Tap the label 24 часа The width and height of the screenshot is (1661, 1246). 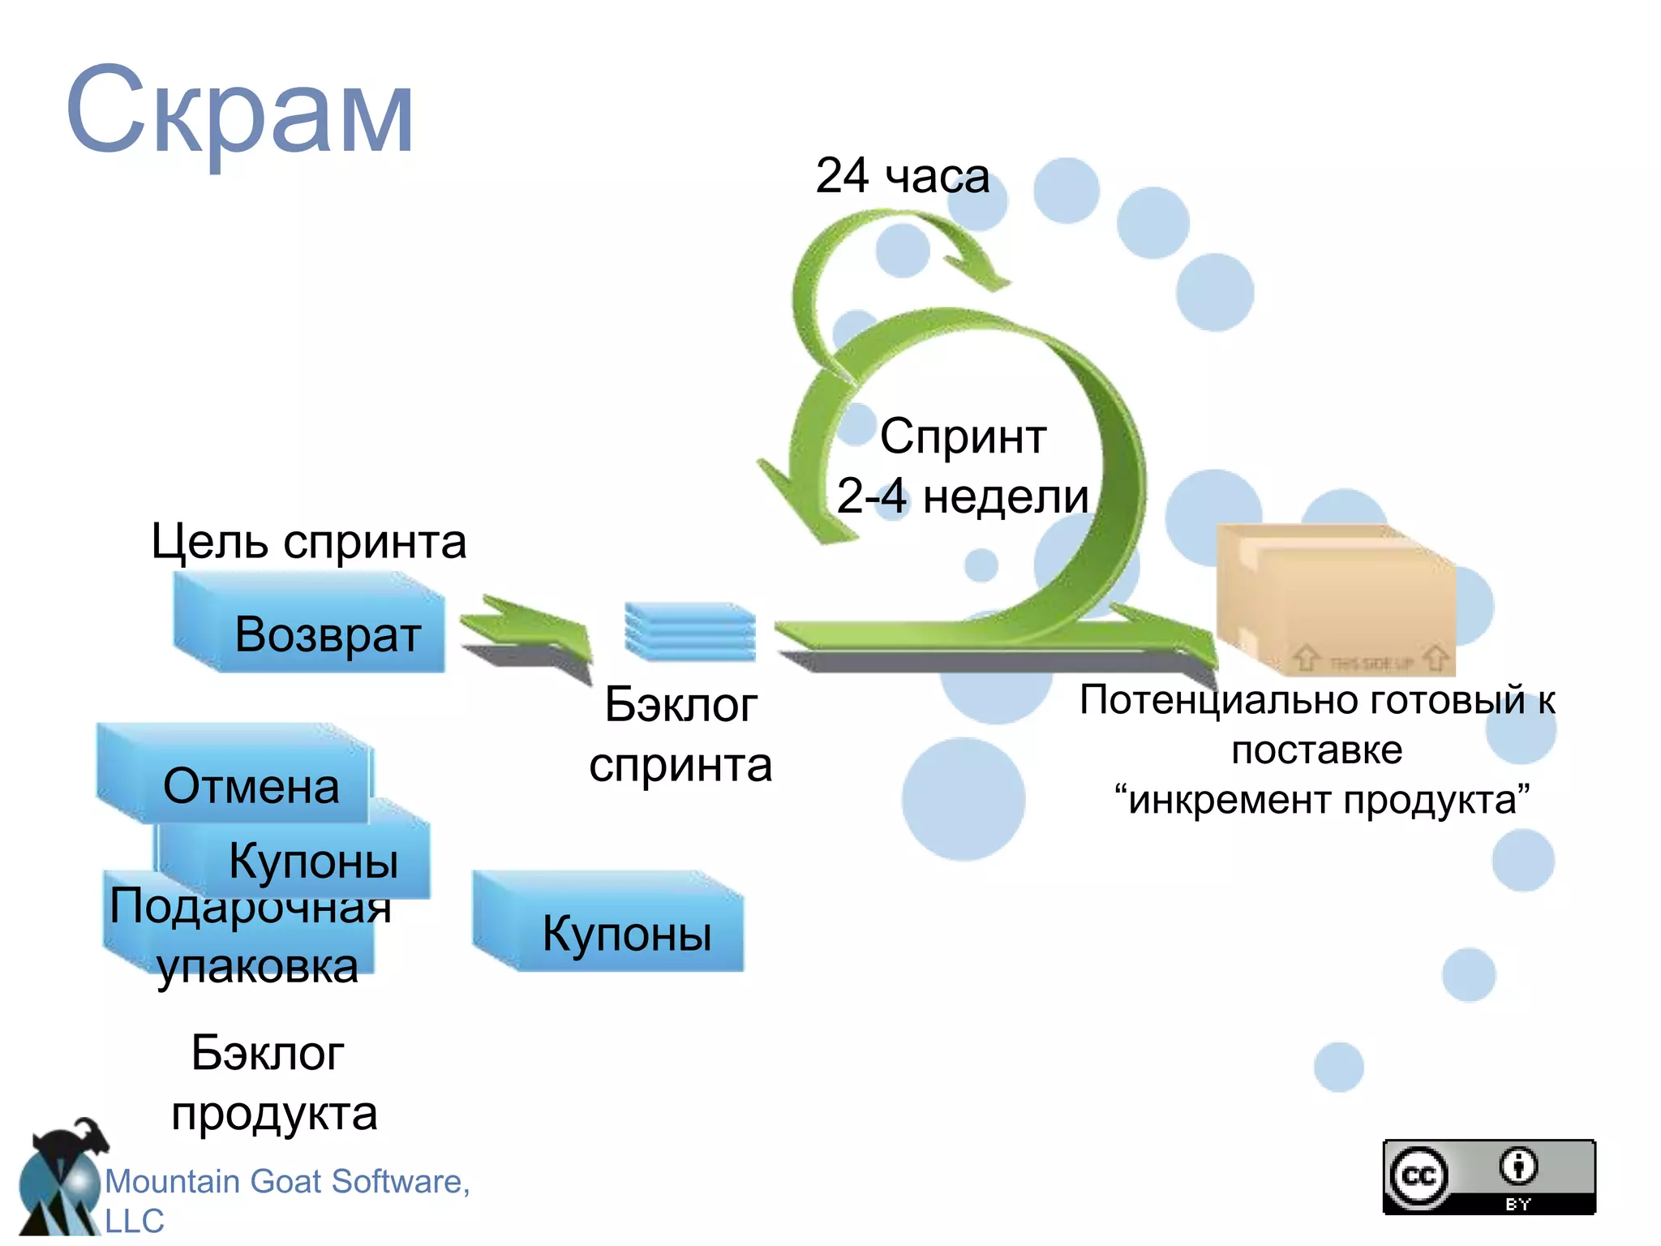tap(902, 176)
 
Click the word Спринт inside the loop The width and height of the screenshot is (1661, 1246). tap(963, 436)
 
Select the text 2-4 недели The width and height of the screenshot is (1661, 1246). tap(963, 496)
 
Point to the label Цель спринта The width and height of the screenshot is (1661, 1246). tap(309, 541)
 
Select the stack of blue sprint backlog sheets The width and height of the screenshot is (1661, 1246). tap(690, 630)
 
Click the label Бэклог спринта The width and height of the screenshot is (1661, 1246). tap(681, 734)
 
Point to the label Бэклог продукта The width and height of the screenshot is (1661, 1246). tap(272, 1083)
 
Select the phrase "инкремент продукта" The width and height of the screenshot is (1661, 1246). tap(1322, 800)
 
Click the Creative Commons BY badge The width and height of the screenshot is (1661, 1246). tap(1489, 1176)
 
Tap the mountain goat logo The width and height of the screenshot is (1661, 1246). tap(61, 1180)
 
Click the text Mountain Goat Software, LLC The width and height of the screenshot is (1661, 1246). tap(284, 1197)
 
